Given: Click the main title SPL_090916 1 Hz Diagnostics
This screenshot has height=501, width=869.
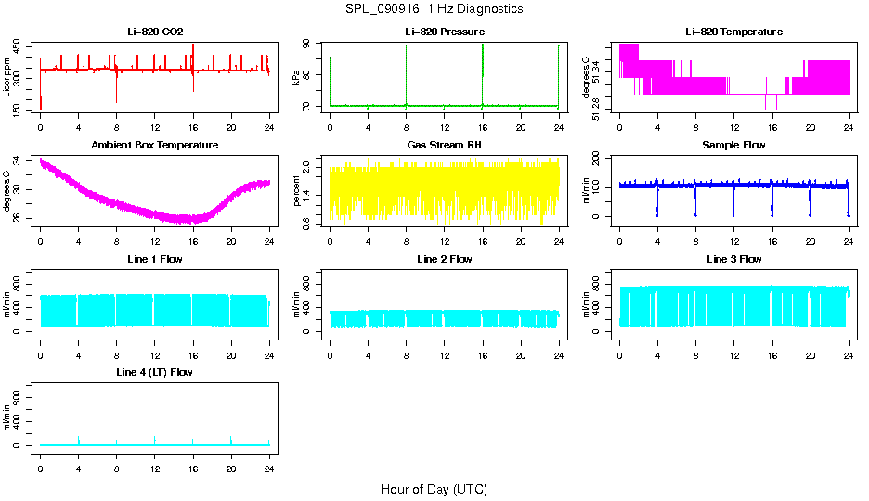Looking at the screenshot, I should click(x=434, y=8).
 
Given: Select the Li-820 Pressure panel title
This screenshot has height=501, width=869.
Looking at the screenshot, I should click(x=445, y=32).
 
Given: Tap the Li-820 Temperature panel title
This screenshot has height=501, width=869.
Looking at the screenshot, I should click(x=733, y=32).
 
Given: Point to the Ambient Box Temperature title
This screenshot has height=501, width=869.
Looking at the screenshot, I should click(x=155, y=145).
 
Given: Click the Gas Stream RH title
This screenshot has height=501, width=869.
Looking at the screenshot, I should click(x=445, y=145).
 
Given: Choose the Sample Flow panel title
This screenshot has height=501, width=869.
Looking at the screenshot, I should click(x=733, y=145).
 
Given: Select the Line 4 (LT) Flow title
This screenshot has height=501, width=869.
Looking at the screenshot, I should click(x=155, y=372).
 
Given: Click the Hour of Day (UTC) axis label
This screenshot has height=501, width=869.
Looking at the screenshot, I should click(x=434, y=488).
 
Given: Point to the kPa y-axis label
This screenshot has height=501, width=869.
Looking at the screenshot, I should click(x=296, y=78).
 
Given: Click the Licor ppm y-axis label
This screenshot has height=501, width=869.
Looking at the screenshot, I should click(x=7, y=78).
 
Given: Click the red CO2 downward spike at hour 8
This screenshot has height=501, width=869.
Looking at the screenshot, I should click(x=116, y=91).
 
